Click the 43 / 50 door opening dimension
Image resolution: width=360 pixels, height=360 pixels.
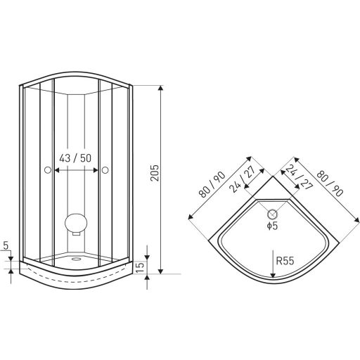tap(75, 158)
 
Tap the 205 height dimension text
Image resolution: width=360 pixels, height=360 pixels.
tap(155, 173)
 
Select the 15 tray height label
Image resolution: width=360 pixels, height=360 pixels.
tap(140, 267)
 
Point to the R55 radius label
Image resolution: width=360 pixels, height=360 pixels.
tap(285, 261)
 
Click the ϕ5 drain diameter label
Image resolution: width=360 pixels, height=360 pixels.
tap(272, 226)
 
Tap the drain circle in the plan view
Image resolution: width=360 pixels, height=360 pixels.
tap(273, 214)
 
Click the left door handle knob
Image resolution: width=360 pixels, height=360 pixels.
tap(48, 170)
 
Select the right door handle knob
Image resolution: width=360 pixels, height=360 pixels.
tap(105, 170)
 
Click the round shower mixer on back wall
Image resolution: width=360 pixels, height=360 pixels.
tap(76, 223)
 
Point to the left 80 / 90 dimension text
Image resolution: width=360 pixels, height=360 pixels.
tap(212, 184)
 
